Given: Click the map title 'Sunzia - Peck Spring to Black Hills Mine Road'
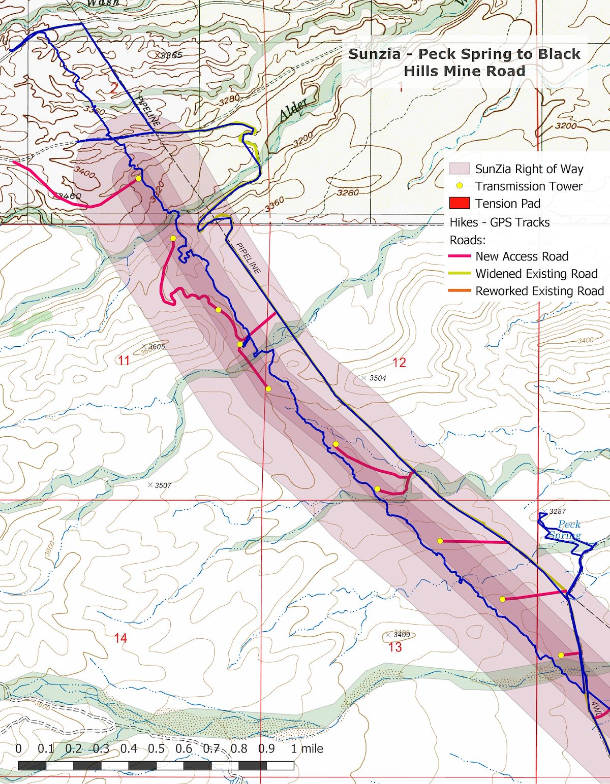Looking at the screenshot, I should pos(464,62).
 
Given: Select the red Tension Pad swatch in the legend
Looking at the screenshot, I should pos(459,203).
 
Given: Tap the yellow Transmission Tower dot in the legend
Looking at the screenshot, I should pos(459,186).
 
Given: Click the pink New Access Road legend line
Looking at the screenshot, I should pos(459,256).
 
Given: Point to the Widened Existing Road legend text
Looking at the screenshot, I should pos(536,274).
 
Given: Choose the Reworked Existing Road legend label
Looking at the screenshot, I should pos(539,291).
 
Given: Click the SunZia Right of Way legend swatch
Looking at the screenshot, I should pos(459,169).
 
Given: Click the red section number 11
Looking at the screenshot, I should pos(124,361).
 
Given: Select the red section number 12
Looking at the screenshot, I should pos(399,363).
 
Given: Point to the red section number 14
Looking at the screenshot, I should pos(120,638).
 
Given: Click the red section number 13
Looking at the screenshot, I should pos(395,647).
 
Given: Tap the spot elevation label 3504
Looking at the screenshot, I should pos(377,378).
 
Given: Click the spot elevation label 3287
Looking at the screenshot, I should pos(557,512).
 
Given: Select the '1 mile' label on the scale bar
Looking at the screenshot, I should pos(307,748).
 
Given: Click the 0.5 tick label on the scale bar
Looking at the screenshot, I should pos(156,748).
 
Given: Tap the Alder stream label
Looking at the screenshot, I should pos(293,109).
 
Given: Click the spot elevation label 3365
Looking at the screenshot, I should pos(171,55).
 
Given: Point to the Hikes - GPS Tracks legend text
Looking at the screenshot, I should pos(499,222).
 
